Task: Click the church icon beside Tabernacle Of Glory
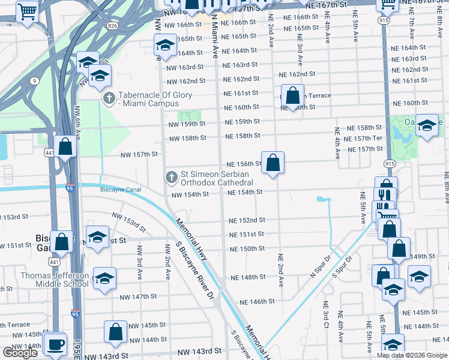(109, 98)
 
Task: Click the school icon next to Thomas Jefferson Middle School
(104, 278)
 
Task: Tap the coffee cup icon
(56, 344)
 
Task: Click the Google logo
(20, 353)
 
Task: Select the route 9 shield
(35, 80)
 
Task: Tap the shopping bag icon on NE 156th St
(273, 163)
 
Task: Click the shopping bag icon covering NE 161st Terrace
(292, 95)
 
